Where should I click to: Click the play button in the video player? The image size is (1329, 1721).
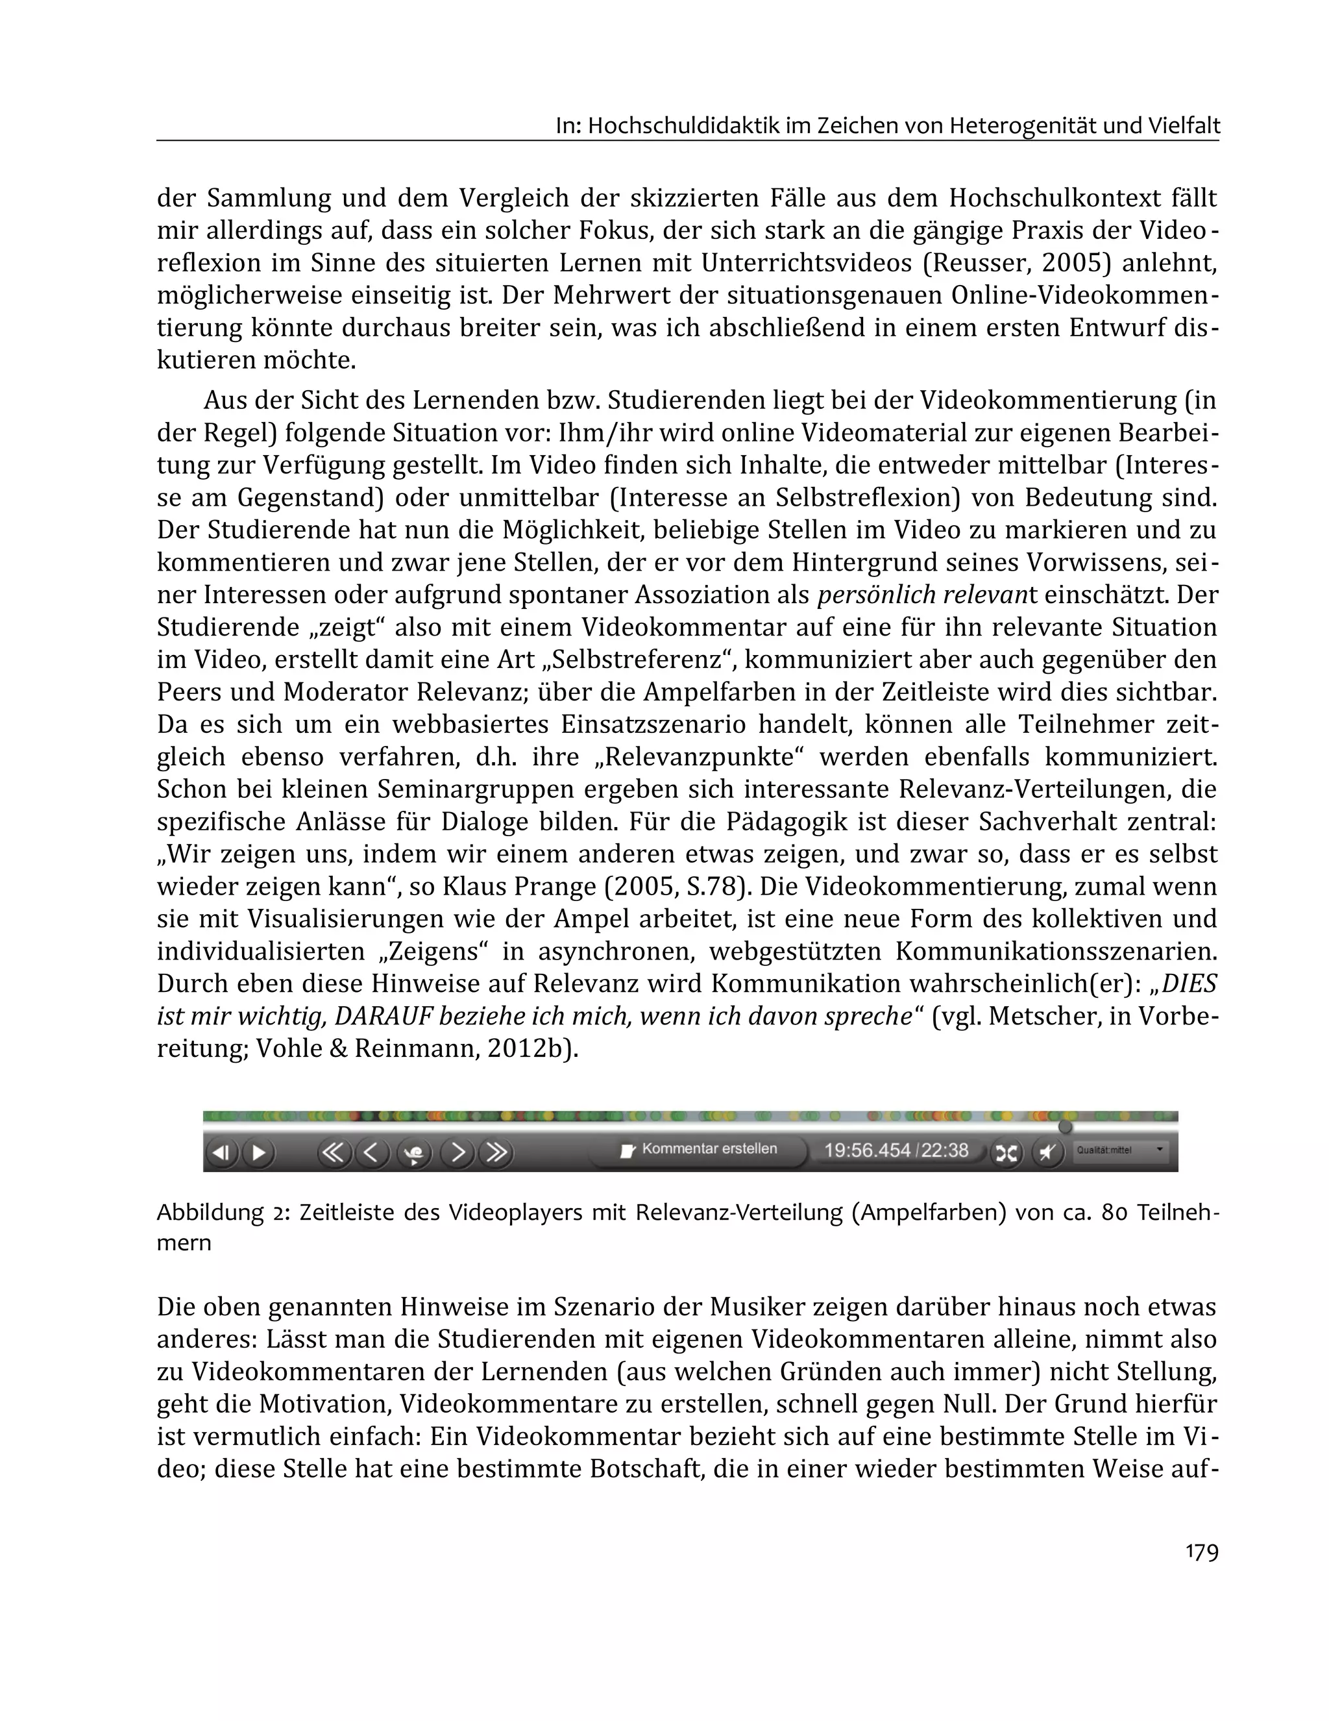(258, 1152)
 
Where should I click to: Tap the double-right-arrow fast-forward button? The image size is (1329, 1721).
(496, 1152)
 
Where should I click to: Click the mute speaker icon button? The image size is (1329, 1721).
(1047, 1153)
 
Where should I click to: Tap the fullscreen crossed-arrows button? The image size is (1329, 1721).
(1006, 1153)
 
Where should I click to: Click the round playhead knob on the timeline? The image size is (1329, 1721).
(1065, 1127)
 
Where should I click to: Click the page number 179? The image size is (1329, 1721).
(1201, 1552)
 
